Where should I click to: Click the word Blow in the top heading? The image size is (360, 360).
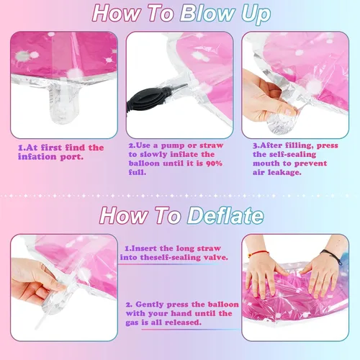pos(207,13)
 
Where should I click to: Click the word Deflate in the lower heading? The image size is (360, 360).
pos(225,215)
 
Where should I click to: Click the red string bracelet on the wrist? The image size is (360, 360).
pos(258,253)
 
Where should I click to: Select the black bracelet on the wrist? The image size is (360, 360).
pos(332,256)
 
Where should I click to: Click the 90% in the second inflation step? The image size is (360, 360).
pos(214,163)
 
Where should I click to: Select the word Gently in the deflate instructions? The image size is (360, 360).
pos(150,305)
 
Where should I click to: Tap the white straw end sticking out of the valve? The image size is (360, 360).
pos(40,322)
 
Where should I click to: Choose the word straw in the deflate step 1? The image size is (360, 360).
pos(208,248)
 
